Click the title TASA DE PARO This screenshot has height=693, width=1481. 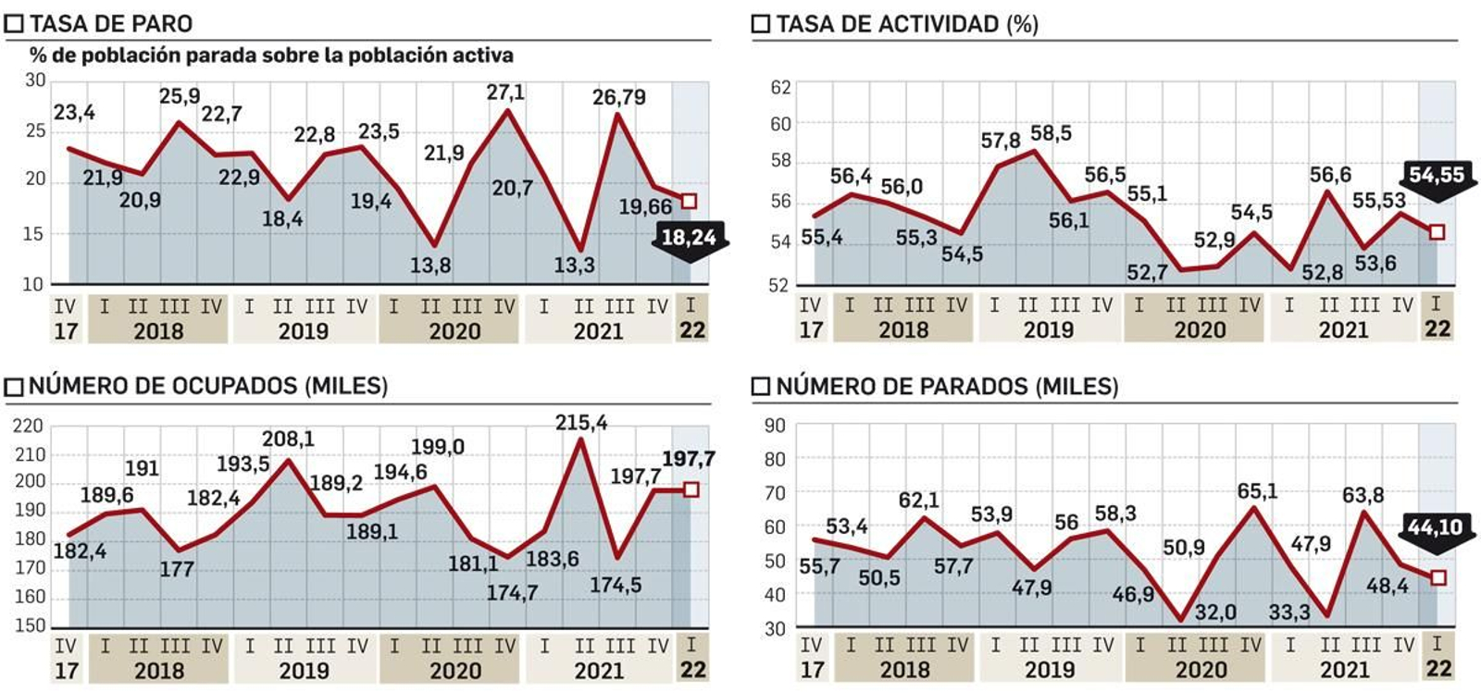pos(111,23)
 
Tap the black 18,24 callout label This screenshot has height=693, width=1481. pos(690,238)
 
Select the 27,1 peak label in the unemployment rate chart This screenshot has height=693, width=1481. pos(505,93)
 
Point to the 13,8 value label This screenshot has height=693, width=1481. pos(430,266)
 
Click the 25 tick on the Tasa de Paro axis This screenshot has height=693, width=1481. pos(35,130)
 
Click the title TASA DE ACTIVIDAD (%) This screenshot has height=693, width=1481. pos(906,24)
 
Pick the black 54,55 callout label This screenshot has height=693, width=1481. pos(1436,174)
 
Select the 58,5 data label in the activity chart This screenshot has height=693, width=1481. pos(1051,133)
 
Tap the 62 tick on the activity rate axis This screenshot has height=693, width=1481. pos(781,88)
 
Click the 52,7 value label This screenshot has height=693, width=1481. pos(1147,272)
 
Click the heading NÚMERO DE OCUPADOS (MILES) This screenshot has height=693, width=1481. pos(208,386)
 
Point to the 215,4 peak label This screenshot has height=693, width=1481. pos(581,423)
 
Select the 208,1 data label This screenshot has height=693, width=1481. pos(288,439)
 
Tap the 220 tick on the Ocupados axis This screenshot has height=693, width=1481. pos(29,426)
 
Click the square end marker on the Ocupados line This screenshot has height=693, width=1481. pos(691,489)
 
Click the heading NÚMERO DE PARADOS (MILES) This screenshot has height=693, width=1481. pos(946,386)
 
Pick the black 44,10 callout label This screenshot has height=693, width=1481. pos(1435,527)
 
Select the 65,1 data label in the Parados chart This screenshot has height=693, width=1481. pos(1257,490)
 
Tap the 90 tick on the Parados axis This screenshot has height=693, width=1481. pos(775,426)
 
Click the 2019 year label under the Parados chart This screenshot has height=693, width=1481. pos(1050,670)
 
